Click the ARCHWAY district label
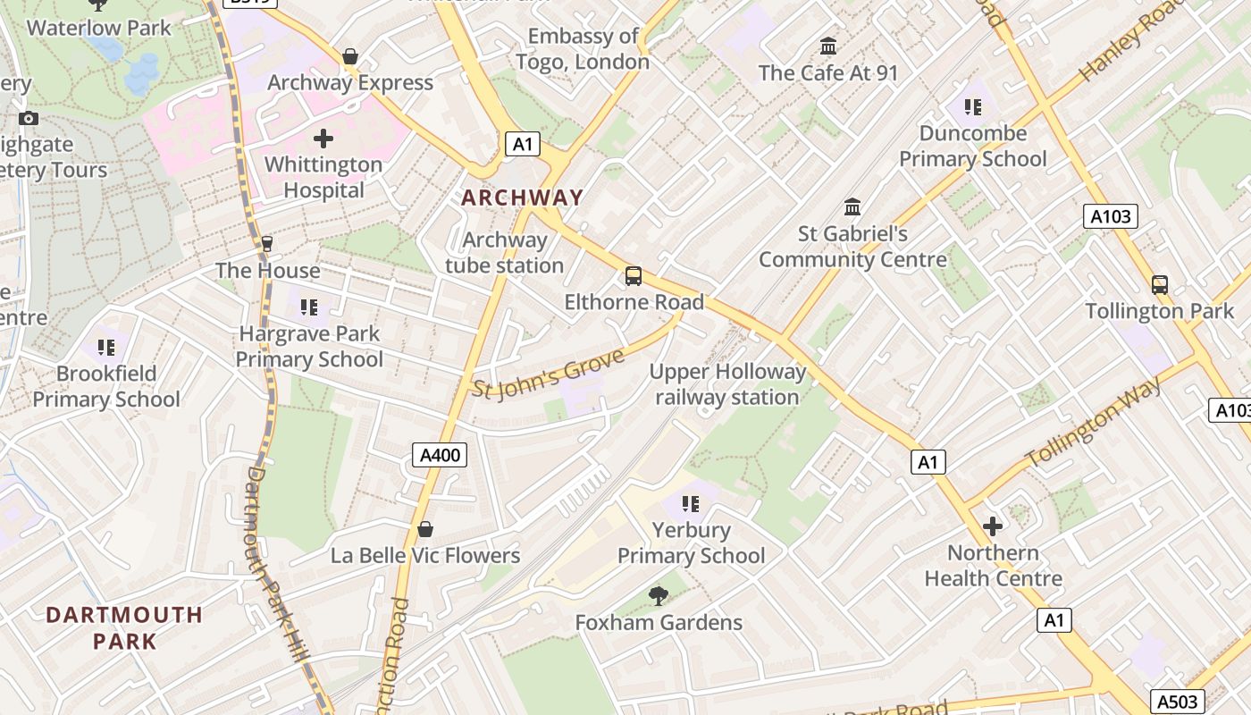point(522,198)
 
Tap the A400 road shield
point(441,455)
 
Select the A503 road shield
point(1177,702)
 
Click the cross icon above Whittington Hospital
point(323,139)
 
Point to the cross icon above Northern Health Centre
point(993,526)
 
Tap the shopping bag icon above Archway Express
point(350,57)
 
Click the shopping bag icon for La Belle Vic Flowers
point(425,529)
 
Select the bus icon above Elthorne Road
point(634,276)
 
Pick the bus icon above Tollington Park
point(1159,285)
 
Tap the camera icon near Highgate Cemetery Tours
point(28,118)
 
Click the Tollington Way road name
point(1094,422)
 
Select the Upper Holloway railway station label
point(727,384)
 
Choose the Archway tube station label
point(505,253)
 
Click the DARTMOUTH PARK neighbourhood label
point(124,627)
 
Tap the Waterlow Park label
point(98,28)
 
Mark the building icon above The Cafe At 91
point(828,46)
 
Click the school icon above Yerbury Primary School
point(691,504)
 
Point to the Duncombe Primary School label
point(972,147)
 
